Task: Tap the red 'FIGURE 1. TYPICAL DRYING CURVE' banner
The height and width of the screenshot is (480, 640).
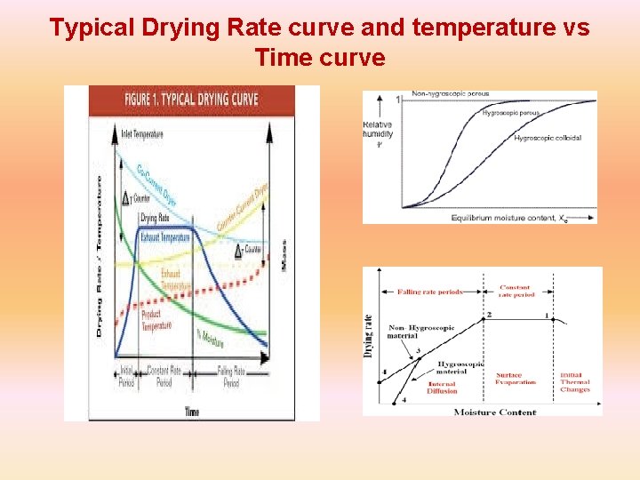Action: (x=191, y=99)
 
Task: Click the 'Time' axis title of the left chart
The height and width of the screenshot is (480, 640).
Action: (x=191, y=412)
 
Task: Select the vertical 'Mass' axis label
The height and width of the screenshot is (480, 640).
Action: (x=283, y=255)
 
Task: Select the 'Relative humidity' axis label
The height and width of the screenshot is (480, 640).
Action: (x=378, y=134)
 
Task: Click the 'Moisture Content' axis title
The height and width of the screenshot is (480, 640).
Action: (x=494, y=412)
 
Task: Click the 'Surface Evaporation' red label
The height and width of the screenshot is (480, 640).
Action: (x=516, y=379)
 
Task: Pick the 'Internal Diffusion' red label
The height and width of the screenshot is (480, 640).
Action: (x=442, y=388)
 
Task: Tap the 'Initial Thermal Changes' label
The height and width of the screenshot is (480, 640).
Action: (x=575, y=382)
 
